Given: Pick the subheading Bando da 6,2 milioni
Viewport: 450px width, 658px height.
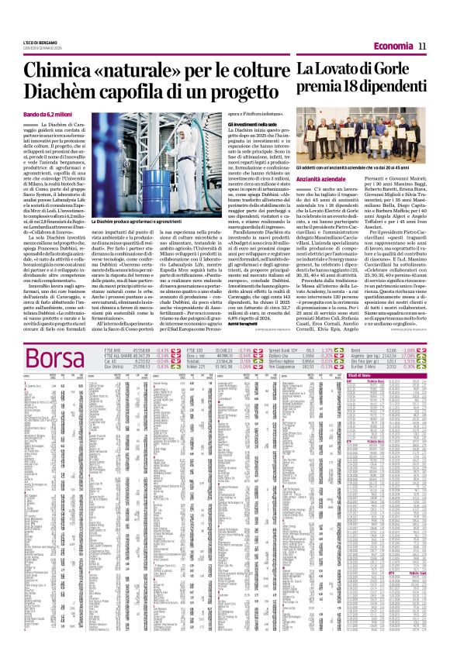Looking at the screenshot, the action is [48, 115].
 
